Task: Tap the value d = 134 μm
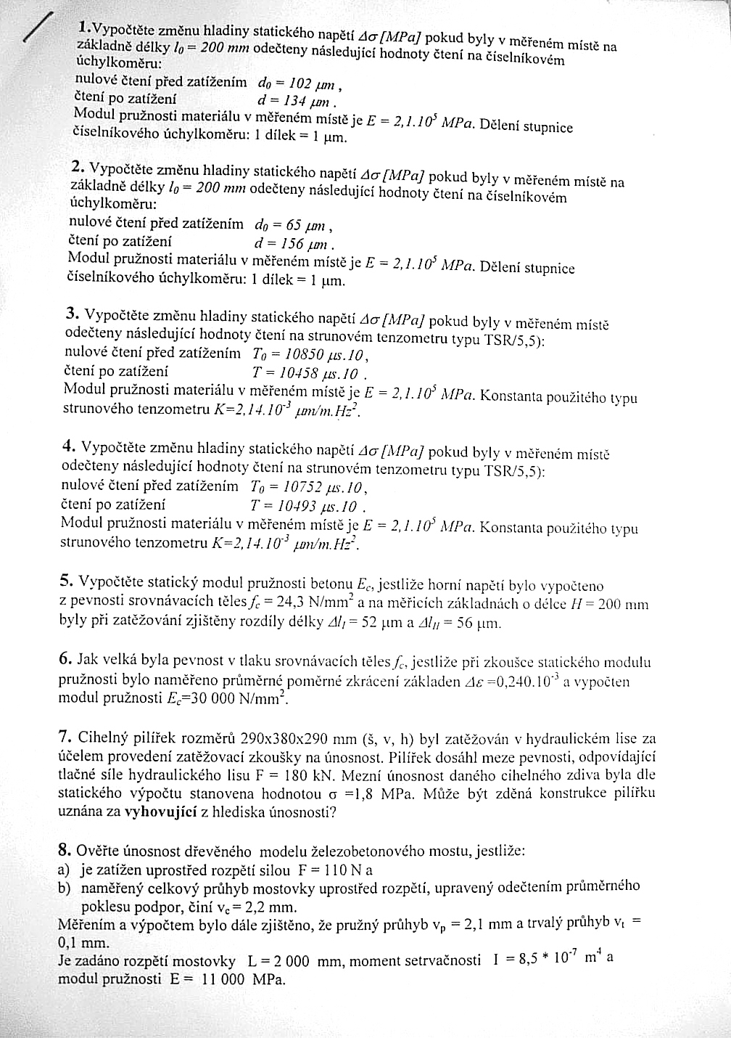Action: point(297,100)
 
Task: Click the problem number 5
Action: point(66,580)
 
